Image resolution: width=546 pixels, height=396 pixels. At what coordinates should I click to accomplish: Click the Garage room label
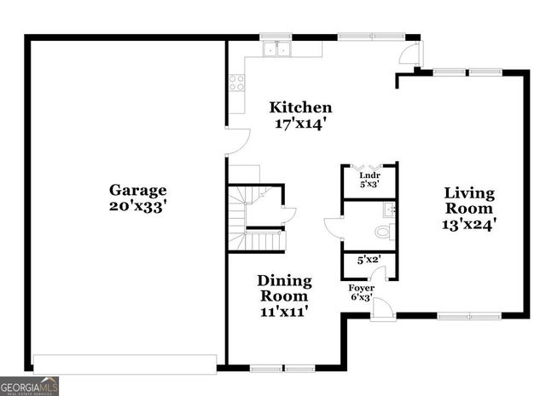click(137, 190)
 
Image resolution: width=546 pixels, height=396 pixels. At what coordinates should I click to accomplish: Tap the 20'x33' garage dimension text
click(137, 206)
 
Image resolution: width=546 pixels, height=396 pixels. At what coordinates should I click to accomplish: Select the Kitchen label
click(300, 107)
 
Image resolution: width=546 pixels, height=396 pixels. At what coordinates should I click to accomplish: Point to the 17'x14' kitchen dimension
click(300, 123)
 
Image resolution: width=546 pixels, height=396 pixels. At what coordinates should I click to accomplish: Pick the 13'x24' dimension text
click(468, 225)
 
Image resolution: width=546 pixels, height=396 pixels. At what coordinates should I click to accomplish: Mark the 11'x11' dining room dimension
click(284, 312)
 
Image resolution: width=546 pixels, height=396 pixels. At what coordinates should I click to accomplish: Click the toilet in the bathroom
click(381, 230)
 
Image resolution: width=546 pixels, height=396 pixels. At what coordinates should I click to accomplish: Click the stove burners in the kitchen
click(235, 83)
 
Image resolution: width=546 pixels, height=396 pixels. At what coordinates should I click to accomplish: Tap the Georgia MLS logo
click(30, 386)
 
